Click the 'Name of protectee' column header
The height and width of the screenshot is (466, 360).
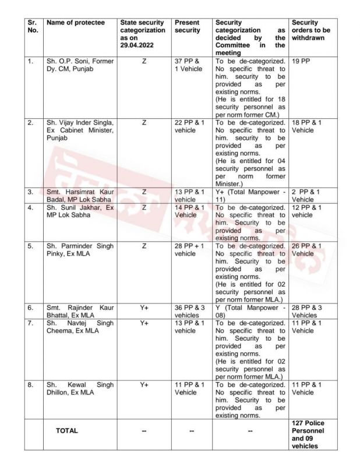click(x=76, y=23)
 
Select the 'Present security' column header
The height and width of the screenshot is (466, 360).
click(x=187, y=26)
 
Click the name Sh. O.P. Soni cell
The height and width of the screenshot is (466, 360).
click(x=80, y=65)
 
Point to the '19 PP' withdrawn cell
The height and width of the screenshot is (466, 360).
click(x=301, y=61)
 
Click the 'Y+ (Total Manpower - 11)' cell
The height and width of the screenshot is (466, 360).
click(x=249, y=195)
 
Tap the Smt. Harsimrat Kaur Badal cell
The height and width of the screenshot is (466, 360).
click(x=80, y=195)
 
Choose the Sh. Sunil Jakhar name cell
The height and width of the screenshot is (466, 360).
click(x=80, y=211)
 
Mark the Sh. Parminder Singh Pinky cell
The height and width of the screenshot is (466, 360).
click(x=80, y=250)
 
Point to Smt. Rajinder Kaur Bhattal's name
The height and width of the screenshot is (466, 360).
click(x=80, y=311)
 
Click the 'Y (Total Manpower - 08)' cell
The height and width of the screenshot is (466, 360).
click(x=249, y=311)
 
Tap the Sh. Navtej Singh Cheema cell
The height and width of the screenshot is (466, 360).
click(x=80, y=327)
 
